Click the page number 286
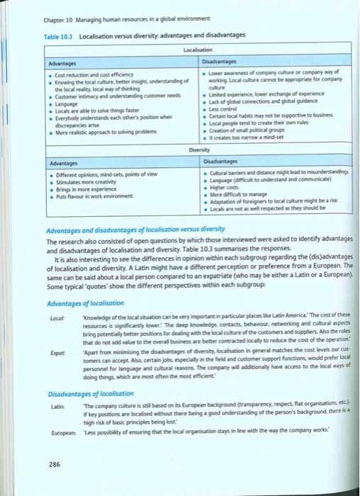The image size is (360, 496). [55, 464]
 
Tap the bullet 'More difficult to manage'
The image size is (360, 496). [231, 194]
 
